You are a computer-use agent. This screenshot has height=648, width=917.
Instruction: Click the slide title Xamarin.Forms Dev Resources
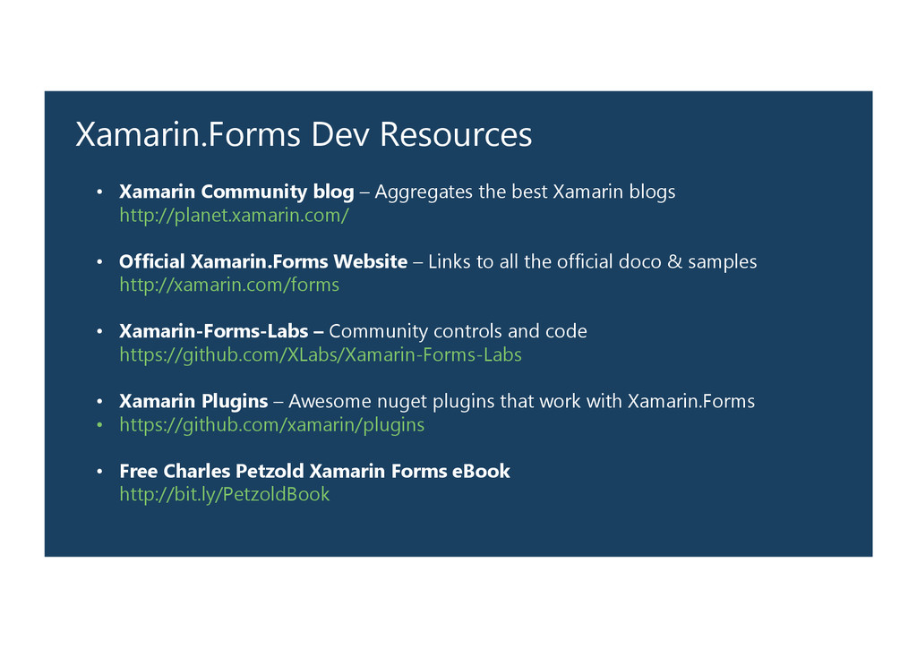(304, 135)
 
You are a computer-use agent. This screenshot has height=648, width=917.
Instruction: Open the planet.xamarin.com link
(234, 216)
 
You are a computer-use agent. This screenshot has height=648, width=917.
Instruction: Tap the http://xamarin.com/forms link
(229, 286)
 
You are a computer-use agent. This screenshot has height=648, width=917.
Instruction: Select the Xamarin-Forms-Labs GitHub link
(321, 355)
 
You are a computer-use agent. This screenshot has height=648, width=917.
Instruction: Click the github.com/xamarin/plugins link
(272, 425)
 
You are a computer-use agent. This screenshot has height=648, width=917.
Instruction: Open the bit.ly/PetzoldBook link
(225, 495)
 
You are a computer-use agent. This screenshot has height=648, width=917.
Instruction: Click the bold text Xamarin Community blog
(236, 192)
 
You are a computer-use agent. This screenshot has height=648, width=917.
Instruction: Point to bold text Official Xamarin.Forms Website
(263, 261)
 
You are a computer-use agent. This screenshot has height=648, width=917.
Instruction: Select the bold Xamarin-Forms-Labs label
(215, 331)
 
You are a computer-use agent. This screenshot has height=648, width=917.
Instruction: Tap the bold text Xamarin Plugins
(193, 401)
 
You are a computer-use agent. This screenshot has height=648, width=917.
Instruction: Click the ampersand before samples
(674, 261)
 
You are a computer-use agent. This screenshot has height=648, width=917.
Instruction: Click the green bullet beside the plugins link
(100, 425)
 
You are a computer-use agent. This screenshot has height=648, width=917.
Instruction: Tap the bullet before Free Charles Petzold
(100, 472)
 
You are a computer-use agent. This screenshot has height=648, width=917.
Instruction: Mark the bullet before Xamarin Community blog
(100, 192)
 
